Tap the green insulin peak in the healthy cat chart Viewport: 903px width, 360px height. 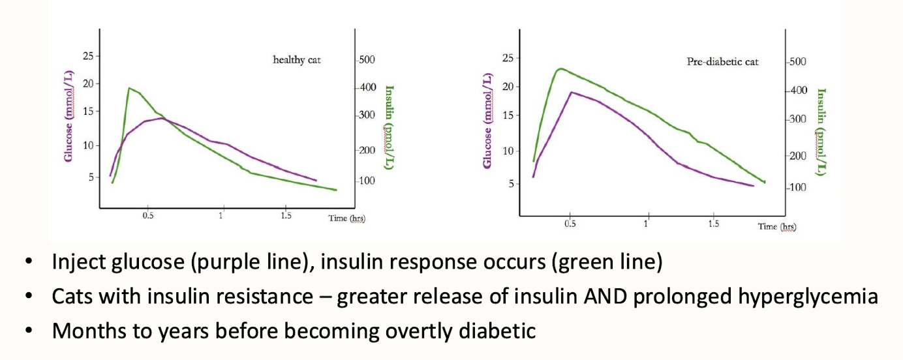pos(129,88)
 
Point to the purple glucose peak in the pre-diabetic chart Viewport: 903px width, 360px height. pos(572,92)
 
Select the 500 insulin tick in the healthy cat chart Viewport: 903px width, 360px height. pos(366,60)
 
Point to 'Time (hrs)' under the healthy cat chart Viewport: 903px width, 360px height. pos(346,218)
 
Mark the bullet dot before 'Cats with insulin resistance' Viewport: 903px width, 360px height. pos(28,297)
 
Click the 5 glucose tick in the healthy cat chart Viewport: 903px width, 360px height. pos(89,176)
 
